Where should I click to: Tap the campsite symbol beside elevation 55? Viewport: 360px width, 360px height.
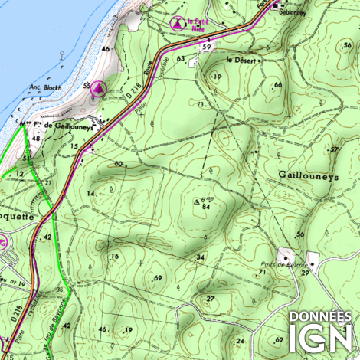(x=98, y=90)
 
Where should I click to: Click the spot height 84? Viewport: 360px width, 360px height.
(x=206, y=205)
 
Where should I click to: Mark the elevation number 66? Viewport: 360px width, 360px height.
(x=278, y=84)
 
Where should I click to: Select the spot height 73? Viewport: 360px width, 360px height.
(x=201, y=103)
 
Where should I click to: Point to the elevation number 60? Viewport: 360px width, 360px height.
(x=119, y=164)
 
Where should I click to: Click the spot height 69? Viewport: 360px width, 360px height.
(x=158, y=277)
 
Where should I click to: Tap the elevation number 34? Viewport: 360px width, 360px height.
(x=200, y=256)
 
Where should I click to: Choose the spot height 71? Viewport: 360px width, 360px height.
(x=262, y=272)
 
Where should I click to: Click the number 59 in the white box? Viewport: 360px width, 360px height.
(x=206, y=47)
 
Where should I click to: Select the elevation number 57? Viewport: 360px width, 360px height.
(x=334, y=149)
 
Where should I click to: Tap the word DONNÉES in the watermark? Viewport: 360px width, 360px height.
(x=319, y=316)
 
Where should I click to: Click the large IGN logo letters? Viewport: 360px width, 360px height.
(x=319, y=338)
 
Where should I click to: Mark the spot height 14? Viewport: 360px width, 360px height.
(x=92, y=194)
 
